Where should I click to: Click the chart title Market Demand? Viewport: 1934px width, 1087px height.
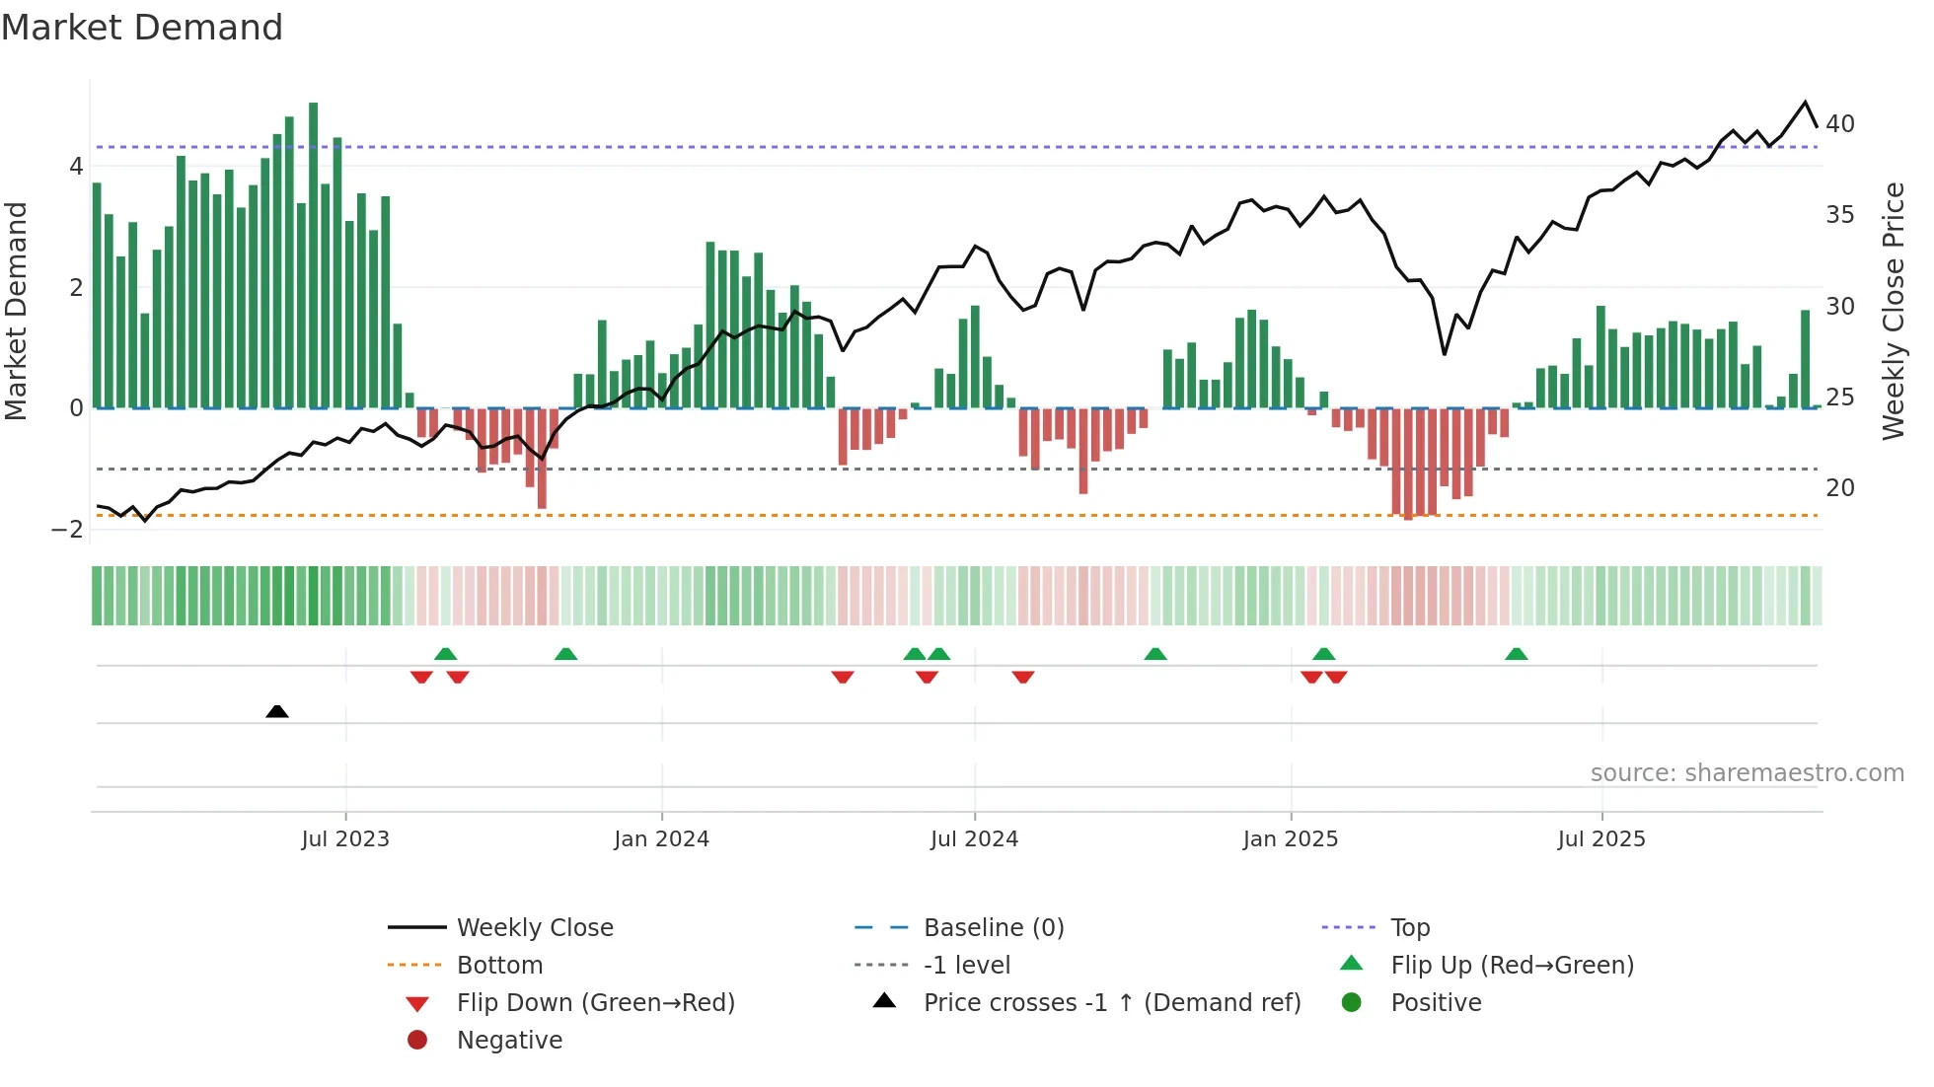coord(142,28)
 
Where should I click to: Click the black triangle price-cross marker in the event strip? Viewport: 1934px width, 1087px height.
coord(277,711)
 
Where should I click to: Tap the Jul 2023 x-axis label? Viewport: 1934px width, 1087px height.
coord(345,839)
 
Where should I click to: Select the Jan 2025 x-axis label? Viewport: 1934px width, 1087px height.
coord(1290,839)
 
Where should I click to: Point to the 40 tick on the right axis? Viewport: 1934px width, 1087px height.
coord(1840,124)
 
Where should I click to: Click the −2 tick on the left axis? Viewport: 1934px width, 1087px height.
coord(68,530)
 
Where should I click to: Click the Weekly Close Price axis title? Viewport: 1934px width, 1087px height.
coord(1893,311)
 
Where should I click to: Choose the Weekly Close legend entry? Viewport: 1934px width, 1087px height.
coord(534,928)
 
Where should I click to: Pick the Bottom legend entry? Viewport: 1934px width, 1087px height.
coord(499,966)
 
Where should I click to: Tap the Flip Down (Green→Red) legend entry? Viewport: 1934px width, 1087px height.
coord(595,1003)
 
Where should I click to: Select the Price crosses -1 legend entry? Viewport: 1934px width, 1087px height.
coord(1111,1003)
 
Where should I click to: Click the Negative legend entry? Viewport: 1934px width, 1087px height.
coord(509,1041)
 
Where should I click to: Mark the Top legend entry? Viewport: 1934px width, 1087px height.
coord(1409,928)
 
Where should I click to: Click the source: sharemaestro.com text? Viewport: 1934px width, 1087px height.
coord(1747,773)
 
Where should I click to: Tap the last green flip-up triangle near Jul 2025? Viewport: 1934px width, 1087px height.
coord(1517,654)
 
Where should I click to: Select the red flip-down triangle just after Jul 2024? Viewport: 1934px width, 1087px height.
coord(1023,677)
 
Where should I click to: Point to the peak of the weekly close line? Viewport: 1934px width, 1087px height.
coord(1806,103)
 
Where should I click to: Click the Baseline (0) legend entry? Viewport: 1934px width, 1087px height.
coord(993,928)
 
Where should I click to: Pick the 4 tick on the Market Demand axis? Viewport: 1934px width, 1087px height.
coord(76,167)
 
